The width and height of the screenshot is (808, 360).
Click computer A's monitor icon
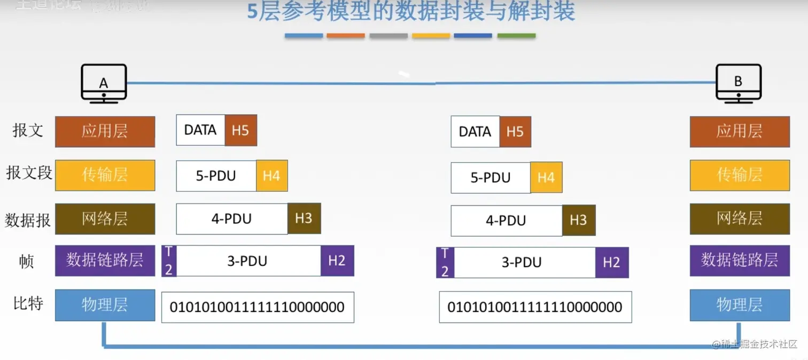pos(104,82)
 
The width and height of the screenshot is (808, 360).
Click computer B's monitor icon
pos(739,82)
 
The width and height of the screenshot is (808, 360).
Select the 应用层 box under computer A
pos(105,131)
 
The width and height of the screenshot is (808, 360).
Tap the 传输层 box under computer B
pos(740,175)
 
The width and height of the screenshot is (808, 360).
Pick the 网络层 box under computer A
pos(105,218)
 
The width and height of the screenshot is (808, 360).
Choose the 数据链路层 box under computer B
pos(740,261)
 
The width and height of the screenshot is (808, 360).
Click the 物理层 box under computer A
pos(105,305)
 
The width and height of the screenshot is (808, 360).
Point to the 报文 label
pos(28,130)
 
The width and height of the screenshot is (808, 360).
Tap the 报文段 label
pos(29,173)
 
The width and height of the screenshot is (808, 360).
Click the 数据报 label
pos(28,220)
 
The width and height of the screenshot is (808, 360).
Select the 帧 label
pos(27,261)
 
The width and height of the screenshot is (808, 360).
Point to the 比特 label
pos(28,303)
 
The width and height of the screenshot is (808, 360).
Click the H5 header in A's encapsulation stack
pos(240,130)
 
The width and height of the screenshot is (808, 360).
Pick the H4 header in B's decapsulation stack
pos(546,178)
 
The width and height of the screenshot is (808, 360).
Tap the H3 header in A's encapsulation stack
pos(304,218)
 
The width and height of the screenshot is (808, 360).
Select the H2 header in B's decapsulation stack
pos(611,262)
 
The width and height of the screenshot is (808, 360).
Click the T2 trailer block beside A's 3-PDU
pos(169,261)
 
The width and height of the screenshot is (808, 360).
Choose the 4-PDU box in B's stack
pos(506,221)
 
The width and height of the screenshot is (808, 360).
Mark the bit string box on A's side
pos(258,307)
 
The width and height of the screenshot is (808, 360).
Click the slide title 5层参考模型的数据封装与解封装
pos(410,12)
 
